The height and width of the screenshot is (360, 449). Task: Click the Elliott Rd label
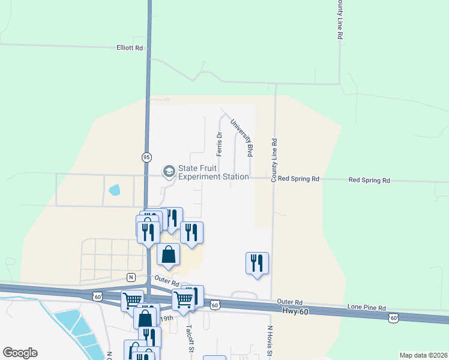130,48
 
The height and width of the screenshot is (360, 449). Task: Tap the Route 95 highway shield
146,157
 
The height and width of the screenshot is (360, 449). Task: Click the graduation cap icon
169,172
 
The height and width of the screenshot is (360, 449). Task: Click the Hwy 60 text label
294,310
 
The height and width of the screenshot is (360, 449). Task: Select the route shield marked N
130,277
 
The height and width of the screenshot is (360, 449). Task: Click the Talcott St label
189,337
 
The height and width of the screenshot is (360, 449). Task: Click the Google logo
20,353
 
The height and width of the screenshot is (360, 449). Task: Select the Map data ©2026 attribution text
423,355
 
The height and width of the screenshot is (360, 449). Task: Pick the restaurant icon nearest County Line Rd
257,262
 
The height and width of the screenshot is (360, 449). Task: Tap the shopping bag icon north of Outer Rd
169,254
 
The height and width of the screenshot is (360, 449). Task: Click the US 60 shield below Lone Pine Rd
393,317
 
